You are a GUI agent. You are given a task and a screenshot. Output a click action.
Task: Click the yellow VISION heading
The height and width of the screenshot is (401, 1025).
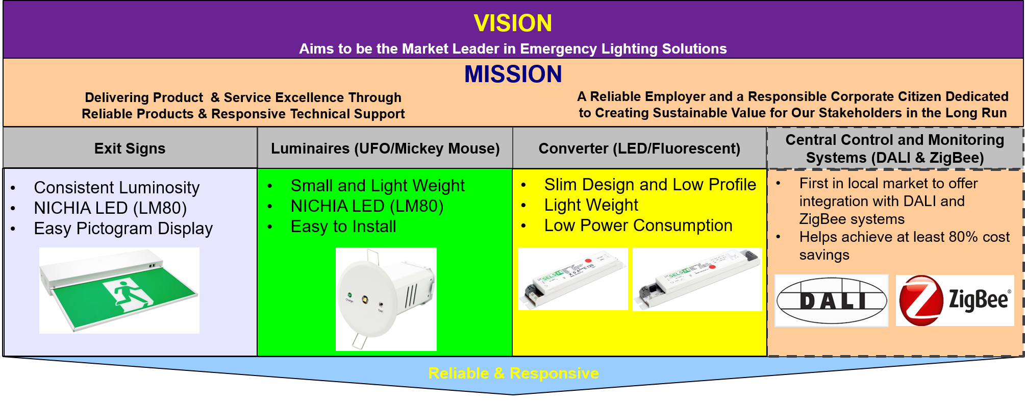click(513, 23)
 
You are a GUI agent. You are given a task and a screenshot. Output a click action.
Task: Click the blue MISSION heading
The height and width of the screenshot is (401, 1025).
click(513, 74)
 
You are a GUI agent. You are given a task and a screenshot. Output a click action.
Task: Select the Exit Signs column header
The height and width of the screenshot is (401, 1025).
click(130, 148)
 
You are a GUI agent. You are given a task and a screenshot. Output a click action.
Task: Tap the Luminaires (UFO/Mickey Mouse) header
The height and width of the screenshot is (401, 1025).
click(385, 148)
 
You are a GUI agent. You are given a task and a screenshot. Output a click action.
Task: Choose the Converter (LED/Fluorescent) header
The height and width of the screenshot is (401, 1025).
click(639, 148)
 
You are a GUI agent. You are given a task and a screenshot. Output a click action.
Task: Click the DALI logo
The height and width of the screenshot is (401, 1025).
click(832, 300)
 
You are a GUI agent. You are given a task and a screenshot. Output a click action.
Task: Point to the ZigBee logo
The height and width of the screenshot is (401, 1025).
click(955, 300)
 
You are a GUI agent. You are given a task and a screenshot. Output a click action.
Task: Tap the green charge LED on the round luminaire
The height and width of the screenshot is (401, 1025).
click(349, 295)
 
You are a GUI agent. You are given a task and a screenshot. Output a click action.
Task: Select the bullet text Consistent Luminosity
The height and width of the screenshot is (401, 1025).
click(117, 188)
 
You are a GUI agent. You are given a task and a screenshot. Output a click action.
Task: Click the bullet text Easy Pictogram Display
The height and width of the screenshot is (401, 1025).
click(123, 229)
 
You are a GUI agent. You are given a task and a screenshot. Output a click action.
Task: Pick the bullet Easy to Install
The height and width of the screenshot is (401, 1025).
click(343, 227)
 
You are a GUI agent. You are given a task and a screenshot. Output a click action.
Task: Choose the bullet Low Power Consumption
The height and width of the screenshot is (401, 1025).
click(638, 225)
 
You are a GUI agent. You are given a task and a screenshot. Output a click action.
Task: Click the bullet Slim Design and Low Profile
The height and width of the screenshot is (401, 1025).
click(650, 185)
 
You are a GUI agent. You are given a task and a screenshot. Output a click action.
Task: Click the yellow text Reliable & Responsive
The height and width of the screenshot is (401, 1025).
click(513, 373)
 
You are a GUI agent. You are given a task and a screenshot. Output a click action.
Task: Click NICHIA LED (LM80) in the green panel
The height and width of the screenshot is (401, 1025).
click(367, 206)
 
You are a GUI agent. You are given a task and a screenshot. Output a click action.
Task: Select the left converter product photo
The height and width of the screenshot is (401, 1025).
click(573, 279)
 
